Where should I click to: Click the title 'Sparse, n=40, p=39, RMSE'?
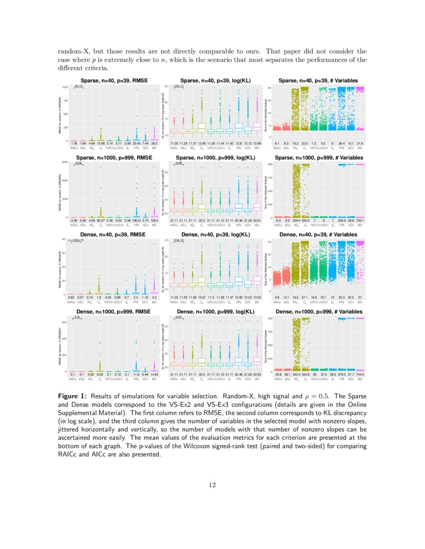point(110,80)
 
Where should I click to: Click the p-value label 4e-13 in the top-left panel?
point(78,86)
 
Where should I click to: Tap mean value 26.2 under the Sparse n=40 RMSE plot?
point(154,144)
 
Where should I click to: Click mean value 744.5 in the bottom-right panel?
point(359,374)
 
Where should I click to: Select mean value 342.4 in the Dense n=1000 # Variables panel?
point(295,374)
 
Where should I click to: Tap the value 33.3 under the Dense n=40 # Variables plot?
point(341,297)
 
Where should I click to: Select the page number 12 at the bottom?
point(212,484)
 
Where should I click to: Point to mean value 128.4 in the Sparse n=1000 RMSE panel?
point(154,221)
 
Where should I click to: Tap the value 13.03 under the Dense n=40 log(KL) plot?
point(257,297)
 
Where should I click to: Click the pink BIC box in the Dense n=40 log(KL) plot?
point(257,281)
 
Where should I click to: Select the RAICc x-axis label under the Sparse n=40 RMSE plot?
point(73,148)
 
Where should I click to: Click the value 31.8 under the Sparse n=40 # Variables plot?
point(359,144)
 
